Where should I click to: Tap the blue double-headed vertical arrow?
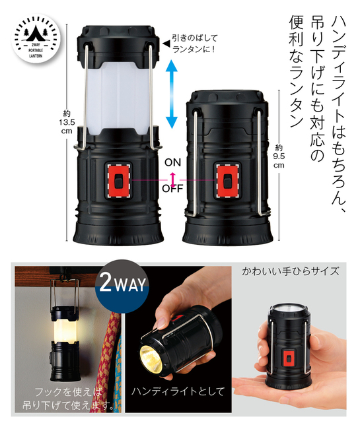click(172, 94)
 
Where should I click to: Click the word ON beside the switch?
click(173, 162)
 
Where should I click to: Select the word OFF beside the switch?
click(172, 189)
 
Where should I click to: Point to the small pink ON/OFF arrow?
click(173, 180)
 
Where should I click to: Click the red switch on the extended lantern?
click(118, 181)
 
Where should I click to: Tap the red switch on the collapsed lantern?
click(227, 181)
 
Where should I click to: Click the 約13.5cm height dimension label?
click(67, 122)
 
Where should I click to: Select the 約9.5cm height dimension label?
click(279, 156)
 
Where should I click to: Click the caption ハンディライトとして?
click(178, 391)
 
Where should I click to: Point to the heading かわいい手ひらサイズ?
click(291, 271)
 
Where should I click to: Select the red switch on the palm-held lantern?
click(289, 358)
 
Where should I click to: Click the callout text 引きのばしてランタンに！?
click(195, 43)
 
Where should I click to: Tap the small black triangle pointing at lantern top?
click(166, 43)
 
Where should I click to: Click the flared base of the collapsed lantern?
click(228, 232)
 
